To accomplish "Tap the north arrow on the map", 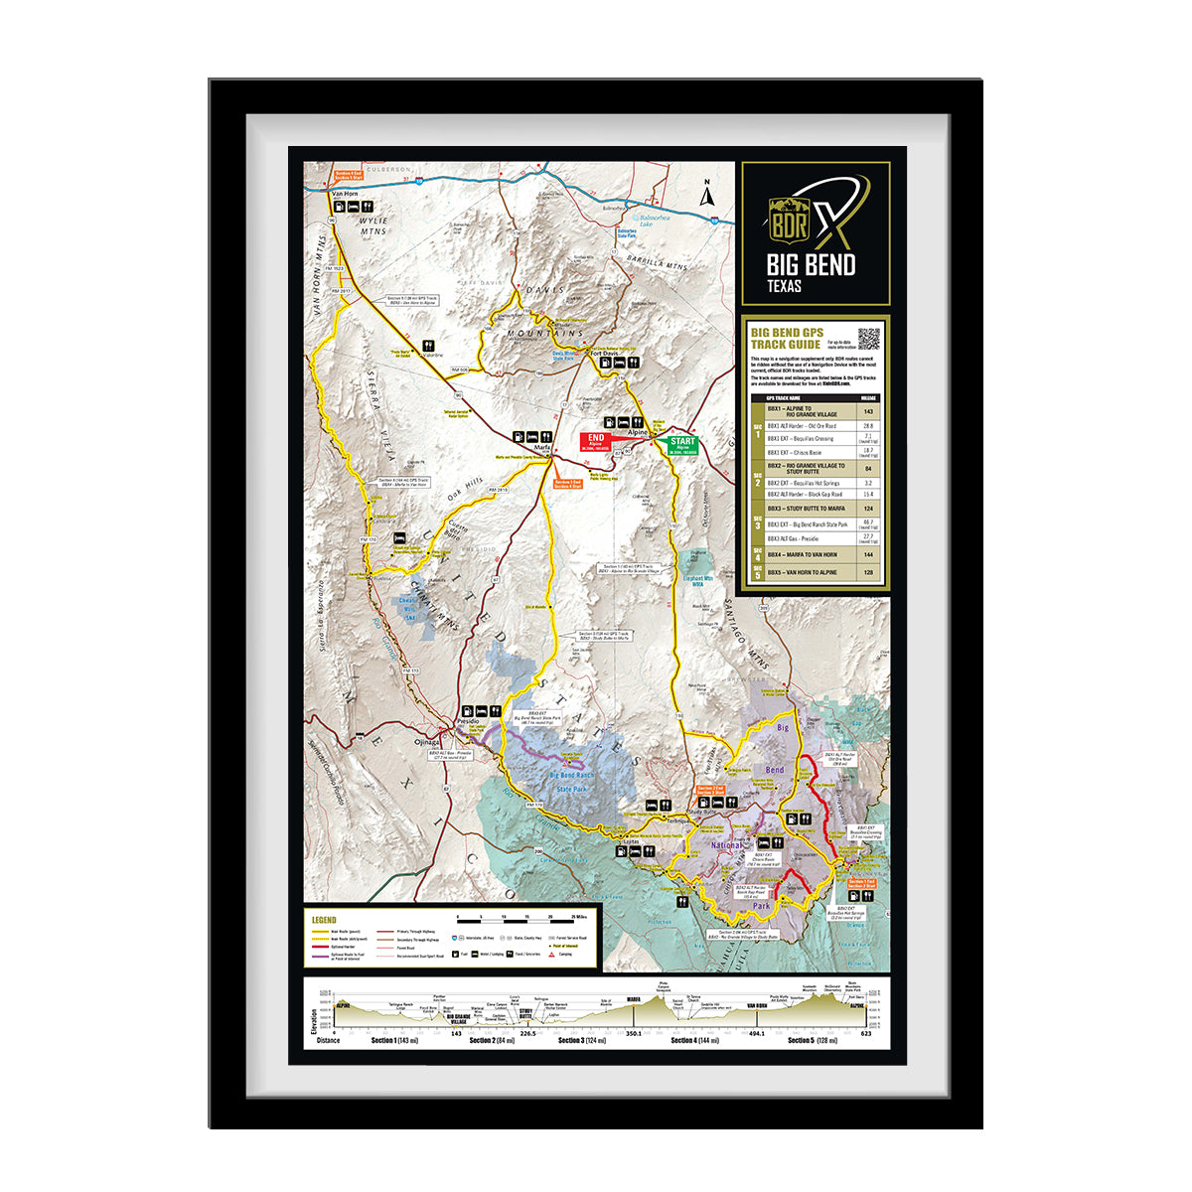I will click(x=707, y=194).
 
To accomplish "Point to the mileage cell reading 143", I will click(x=868, y=411).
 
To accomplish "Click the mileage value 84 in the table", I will click(x=868, y=468).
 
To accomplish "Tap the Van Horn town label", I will click(x=344, y=193).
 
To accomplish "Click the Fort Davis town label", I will click(x=604, y=353).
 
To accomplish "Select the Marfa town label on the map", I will click(x=542, y=448).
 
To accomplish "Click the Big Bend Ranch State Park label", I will click(x=571, y=782).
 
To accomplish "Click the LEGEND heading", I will click(x=324, y=920).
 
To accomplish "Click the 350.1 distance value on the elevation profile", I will click(x=635, y=1033).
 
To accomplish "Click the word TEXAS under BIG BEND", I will click(x=784, y=287).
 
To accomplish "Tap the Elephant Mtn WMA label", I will click(x=698, y=581).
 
